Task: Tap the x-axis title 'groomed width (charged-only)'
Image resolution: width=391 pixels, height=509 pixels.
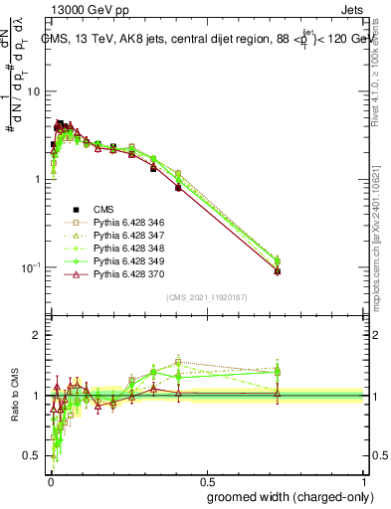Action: click(286, 495)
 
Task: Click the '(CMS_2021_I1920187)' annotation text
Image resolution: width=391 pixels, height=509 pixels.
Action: click(206, 296)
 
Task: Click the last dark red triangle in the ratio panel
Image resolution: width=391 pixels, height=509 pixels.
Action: click(278, 395)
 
